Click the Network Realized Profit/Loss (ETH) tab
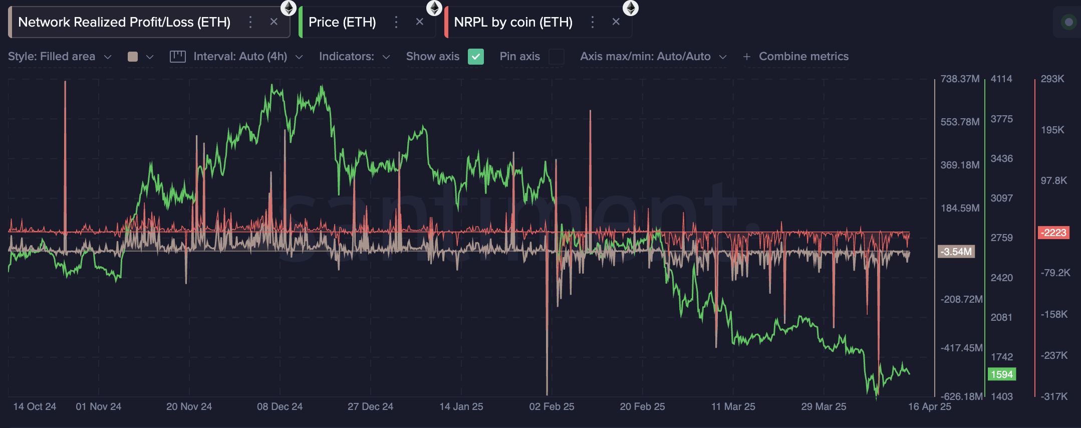click(124, 22)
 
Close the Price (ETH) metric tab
click(420, 22)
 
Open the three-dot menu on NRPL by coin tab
click(593, 22)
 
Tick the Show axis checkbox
click(475, 57)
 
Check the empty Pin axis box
click(556, 57)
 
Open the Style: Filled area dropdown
click(60, 57)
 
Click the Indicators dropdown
click(354, 57)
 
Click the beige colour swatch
click(133, 57)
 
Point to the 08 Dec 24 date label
click(280, 406)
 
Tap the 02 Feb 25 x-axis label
click(552, 406)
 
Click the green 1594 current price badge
click(1001, 374)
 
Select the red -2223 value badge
click(1054, 233)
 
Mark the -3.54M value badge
click(956, 252)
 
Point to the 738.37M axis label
click(960, 79)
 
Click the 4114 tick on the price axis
click(1001, 79)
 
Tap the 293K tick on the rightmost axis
click(1052, 79)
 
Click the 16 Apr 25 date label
click(929, 406)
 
